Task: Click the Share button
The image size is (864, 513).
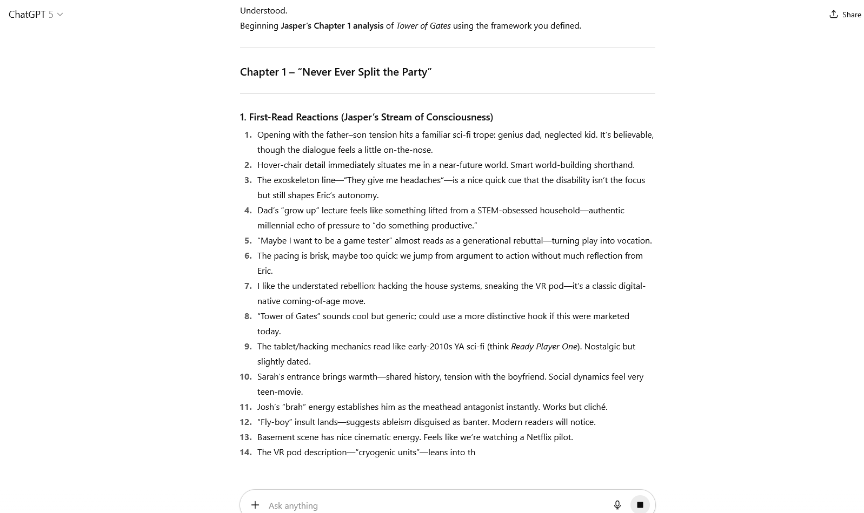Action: click(x=845, y=15)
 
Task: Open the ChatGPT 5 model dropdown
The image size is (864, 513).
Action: click(x=36, y=15)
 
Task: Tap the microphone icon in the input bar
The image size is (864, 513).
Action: click(x=617, y=505)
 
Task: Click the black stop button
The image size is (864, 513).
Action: click(x=640, y=505)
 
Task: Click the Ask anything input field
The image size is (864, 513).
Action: click(x=433, y=505)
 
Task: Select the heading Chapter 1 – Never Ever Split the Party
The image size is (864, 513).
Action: click(x=335, y=72)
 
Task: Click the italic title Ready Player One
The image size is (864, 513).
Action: click(x=543, y=347)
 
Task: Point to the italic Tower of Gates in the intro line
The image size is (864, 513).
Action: click(x=423, y=26)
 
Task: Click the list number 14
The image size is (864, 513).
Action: click(x=245, y=453)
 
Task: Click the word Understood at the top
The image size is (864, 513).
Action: click(x=263, y=11)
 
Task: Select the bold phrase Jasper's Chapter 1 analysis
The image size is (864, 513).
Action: click(x=331, y=26)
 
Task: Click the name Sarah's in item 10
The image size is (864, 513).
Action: click(x=271, y=377)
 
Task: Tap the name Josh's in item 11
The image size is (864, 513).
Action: click(x=268, y=407)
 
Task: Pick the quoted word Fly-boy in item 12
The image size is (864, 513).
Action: click(x=274, y=422)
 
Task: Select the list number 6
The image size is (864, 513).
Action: click(x=248, y=256)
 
